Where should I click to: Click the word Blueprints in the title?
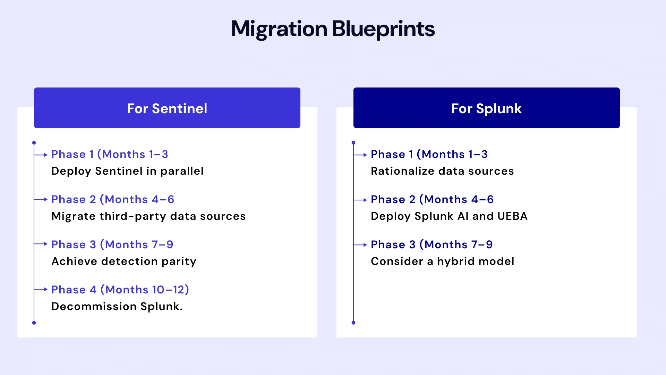tap(383, 29)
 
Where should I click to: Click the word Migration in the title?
tap(279, 29)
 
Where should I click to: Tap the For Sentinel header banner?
tap(167, 108)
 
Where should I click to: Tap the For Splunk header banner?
tap(486, 108)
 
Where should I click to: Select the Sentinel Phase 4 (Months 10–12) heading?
tap(120, 290)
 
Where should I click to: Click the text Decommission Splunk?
tap(117, 306)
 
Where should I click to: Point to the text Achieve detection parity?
tap(124, 261)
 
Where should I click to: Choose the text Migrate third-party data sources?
tap(148, 216)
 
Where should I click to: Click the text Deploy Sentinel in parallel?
tap(127, 171)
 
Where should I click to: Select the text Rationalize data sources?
tap(442, 171)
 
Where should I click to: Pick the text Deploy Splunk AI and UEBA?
tap(449, 216)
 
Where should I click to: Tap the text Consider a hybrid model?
tap(442, 261)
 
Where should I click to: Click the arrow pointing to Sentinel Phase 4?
tap(41, 289)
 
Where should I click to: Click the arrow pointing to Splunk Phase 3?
tap(361, 245)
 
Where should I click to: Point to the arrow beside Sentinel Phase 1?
tap(41, 155)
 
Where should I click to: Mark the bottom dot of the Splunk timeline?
tap(353, 323)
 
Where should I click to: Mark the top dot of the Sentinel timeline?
tap(34, 143)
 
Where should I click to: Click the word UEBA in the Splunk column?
tap(512, 216)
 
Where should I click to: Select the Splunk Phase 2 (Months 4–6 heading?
tap(432, 199)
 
